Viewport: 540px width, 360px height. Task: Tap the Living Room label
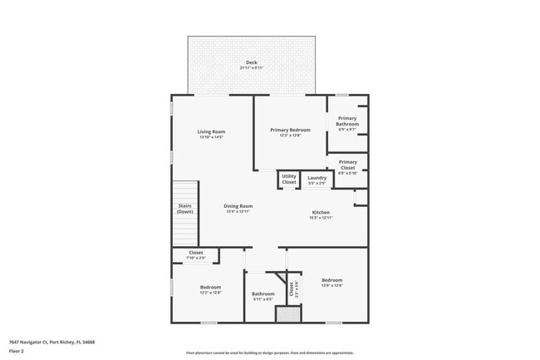211,131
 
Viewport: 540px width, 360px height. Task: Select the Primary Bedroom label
290,130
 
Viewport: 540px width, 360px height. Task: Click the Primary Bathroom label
347,121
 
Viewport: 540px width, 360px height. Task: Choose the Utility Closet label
288,179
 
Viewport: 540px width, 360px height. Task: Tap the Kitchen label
321,212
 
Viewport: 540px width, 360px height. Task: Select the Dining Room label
238,206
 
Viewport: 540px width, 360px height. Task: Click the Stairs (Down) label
184,209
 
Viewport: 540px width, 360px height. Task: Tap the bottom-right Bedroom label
331,280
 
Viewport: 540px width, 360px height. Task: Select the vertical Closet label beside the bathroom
292,289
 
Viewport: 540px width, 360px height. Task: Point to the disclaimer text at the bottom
269,353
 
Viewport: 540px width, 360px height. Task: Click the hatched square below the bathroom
287,314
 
